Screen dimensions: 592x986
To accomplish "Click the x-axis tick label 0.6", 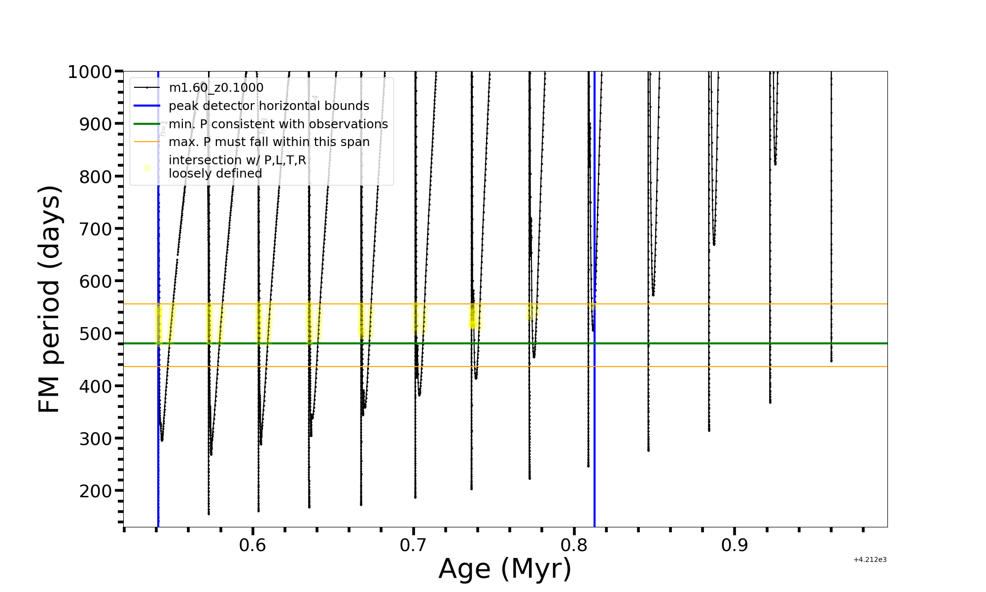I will pyautogui.click(x=252, y=546).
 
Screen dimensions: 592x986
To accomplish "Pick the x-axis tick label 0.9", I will pyautogui.click(x=735, y=546).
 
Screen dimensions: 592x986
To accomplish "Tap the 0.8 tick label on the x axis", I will pyautogui.click(x=574, y=546).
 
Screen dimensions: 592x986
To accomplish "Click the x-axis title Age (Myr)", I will pyautogui.click(x=505, y=568).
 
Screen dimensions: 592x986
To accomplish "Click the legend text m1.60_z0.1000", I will pyautogui.click(x=216, y=88).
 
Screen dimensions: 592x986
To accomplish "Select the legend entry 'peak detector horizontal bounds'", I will pyautogui.click(x=269, y=106).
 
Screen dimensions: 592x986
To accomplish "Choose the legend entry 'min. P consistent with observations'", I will pyautogui.click(x=278, y=124).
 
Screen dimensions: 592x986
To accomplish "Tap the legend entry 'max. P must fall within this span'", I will pyautogui.click(x=269, y=142).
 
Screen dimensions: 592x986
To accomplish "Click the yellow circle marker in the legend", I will pyautogui.click(x=147, y=168).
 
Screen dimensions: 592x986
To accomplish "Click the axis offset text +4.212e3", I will pyautogui.click(x=870, y=560).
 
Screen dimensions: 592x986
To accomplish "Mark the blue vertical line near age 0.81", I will pyautogui.click(x=595, y=444).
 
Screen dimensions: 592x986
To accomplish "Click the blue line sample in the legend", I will pyautogui.click(x=147, y=106).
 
